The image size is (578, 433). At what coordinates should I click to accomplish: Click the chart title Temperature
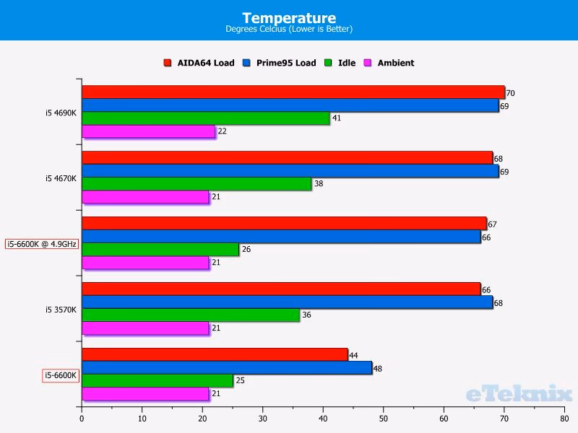(x=288, y=17)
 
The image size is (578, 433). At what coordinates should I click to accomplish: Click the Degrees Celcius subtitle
(x=288, y=30)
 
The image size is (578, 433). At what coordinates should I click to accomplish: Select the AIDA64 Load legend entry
(x=199, y=63)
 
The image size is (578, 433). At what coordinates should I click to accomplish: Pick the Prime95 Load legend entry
(x=280, y=63)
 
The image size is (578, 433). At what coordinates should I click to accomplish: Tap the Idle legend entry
(x=341, y=63)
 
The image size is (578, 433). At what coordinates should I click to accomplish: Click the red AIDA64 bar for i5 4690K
(x=293, y=92)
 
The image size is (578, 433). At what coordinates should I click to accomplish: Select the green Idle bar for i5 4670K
(x=196, y=184)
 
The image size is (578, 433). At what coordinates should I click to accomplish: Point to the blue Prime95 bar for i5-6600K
(x=226, y=368)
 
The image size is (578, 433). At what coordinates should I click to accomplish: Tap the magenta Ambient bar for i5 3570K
(x=144, y=328)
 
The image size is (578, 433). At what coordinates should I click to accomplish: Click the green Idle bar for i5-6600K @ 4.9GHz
(x=160, y=250)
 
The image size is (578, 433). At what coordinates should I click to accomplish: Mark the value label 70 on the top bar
(x=510, y=93)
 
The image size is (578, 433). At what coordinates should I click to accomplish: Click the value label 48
(x=376, y=369)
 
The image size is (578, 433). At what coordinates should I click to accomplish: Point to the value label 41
(x=336, y=118)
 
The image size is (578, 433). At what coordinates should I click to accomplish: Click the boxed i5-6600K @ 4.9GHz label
(x=42, y=244)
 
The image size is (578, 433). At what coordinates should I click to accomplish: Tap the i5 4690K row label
(x=61, y=113)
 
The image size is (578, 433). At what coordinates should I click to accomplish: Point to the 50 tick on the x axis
(x=383, y=416)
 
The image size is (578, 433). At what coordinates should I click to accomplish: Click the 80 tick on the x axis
(x=564, y=416)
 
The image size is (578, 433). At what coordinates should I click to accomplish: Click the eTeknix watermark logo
(x=519, y=394)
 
